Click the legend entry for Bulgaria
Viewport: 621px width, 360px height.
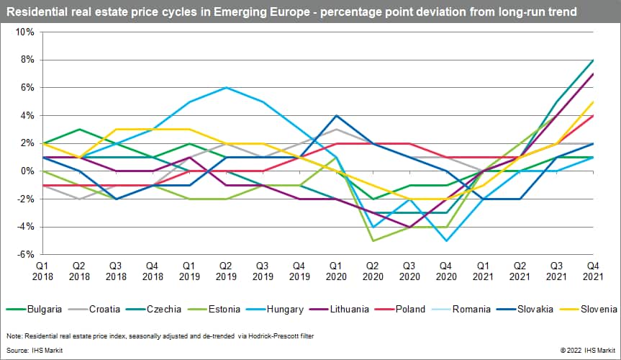(x=40, y=310)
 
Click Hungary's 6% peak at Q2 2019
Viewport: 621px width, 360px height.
(x=226, y=88)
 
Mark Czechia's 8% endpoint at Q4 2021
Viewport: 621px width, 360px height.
(x=591, y=60)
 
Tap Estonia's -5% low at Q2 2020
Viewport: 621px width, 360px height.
(x=372, y=240)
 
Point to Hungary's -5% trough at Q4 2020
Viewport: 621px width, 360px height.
(x=445, y=240)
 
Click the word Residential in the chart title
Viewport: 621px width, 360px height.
(x=37, y=12)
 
